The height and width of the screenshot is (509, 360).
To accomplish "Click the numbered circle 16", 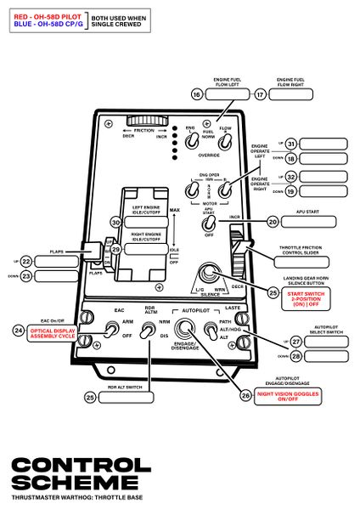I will coord(198,94).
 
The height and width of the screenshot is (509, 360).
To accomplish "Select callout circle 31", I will coord(291,144).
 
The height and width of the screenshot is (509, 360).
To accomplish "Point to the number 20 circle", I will coord(273,221).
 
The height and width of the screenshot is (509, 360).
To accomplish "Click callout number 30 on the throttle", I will coord(116,222).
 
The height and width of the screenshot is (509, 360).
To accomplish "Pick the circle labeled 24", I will coord(19,329).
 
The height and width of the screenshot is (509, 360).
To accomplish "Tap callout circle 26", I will coord(247,395).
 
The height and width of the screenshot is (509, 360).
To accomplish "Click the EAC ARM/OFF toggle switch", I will coord(111,329).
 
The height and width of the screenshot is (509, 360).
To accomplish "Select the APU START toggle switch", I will coord(208,223).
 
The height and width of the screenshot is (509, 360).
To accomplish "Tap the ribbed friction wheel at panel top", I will coord(146,122).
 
